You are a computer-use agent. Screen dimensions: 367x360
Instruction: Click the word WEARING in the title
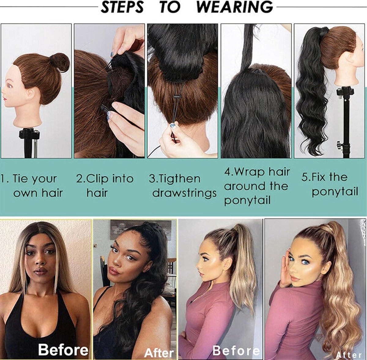235,7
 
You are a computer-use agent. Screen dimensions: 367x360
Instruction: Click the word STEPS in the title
122,7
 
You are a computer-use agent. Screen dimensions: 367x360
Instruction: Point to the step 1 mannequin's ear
31,94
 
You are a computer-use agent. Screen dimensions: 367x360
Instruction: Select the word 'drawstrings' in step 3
184,193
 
